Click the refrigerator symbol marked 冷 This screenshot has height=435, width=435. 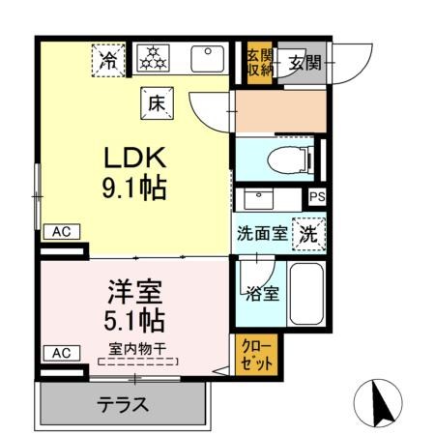coord(110,60)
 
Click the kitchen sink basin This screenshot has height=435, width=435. coord(209,58)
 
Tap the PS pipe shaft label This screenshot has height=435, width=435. coord(317,196)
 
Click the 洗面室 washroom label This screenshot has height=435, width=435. coord(261,233)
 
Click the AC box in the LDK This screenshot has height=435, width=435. coord(61,232)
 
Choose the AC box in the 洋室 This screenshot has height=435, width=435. coord(60,353)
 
